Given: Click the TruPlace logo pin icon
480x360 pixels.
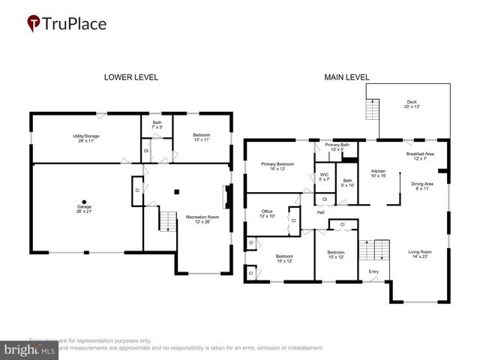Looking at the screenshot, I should tap(33, 23).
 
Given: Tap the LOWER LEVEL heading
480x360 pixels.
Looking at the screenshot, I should tap(130, 77).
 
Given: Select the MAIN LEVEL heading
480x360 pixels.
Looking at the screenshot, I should tap(346, 77).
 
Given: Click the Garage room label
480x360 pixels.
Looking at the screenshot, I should tap(84, 209).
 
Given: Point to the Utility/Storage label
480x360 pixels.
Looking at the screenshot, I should tap(85, 138).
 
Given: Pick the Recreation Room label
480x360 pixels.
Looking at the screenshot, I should tap(197, 219).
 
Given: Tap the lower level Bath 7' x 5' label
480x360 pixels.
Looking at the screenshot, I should tap(157, 124).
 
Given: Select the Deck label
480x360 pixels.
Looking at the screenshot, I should tap(412, 104).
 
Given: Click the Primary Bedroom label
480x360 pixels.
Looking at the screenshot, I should tap(277, 166).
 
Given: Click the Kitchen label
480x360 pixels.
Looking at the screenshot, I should tap(378, 173).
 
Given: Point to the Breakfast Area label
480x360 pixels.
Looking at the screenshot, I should tap(420, 156).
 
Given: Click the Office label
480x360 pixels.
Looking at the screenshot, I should tap(267, 214).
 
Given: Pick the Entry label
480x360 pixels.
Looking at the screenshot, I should tap(373, 271).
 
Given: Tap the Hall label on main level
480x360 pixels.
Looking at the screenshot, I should tap(320, 213).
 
